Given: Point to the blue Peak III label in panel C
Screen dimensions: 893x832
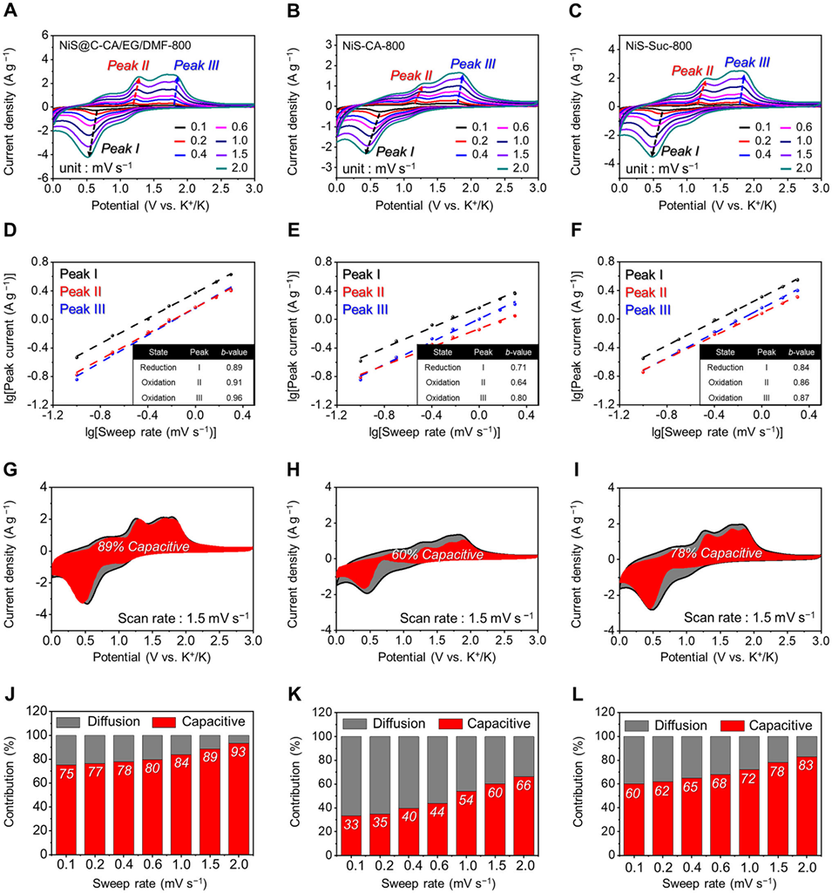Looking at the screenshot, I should tap(747, 62).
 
